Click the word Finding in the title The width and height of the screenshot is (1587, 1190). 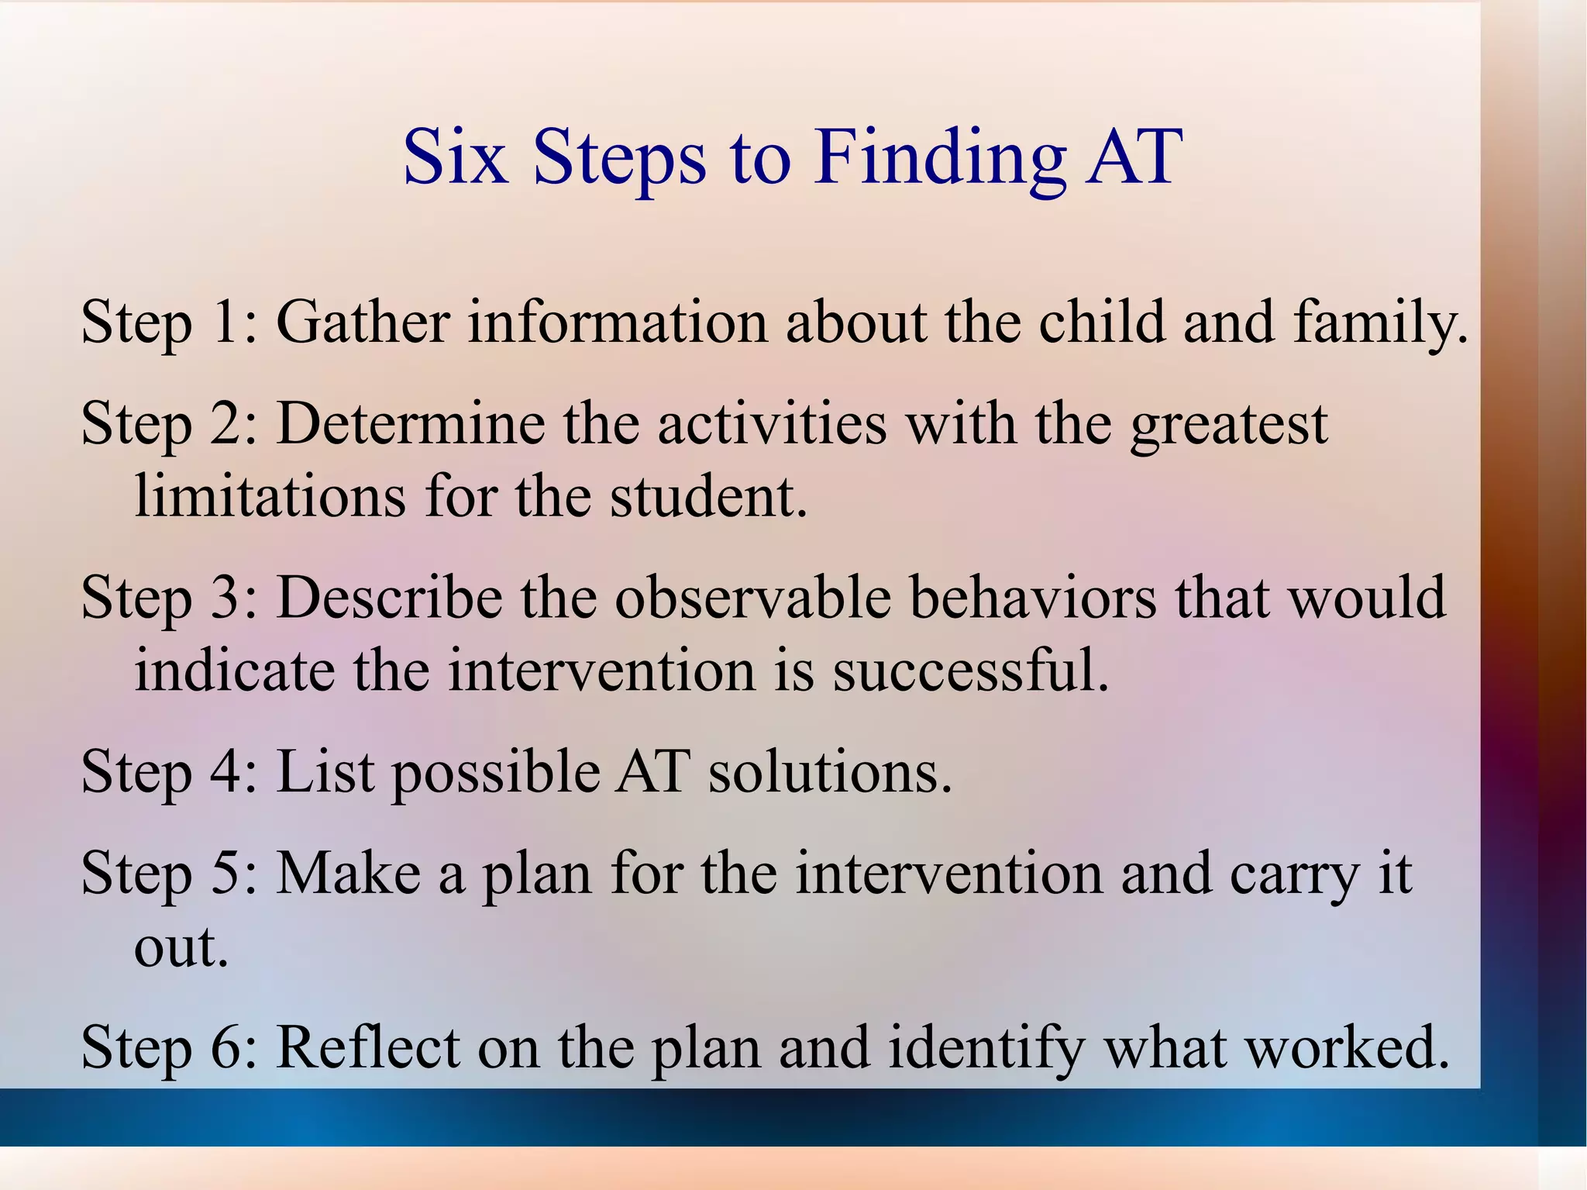pos(939,159)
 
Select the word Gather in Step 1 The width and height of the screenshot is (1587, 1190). pos(363,321)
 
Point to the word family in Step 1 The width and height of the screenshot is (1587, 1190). pos(1379,323)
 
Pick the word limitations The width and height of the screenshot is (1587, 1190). pos(270,495)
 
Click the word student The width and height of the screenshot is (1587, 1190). pos(707,495)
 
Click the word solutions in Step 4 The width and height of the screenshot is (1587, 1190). pos(828,773)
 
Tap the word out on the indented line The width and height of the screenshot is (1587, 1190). pos(181,947)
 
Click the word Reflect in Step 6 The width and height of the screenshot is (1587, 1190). pos(368,1047)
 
